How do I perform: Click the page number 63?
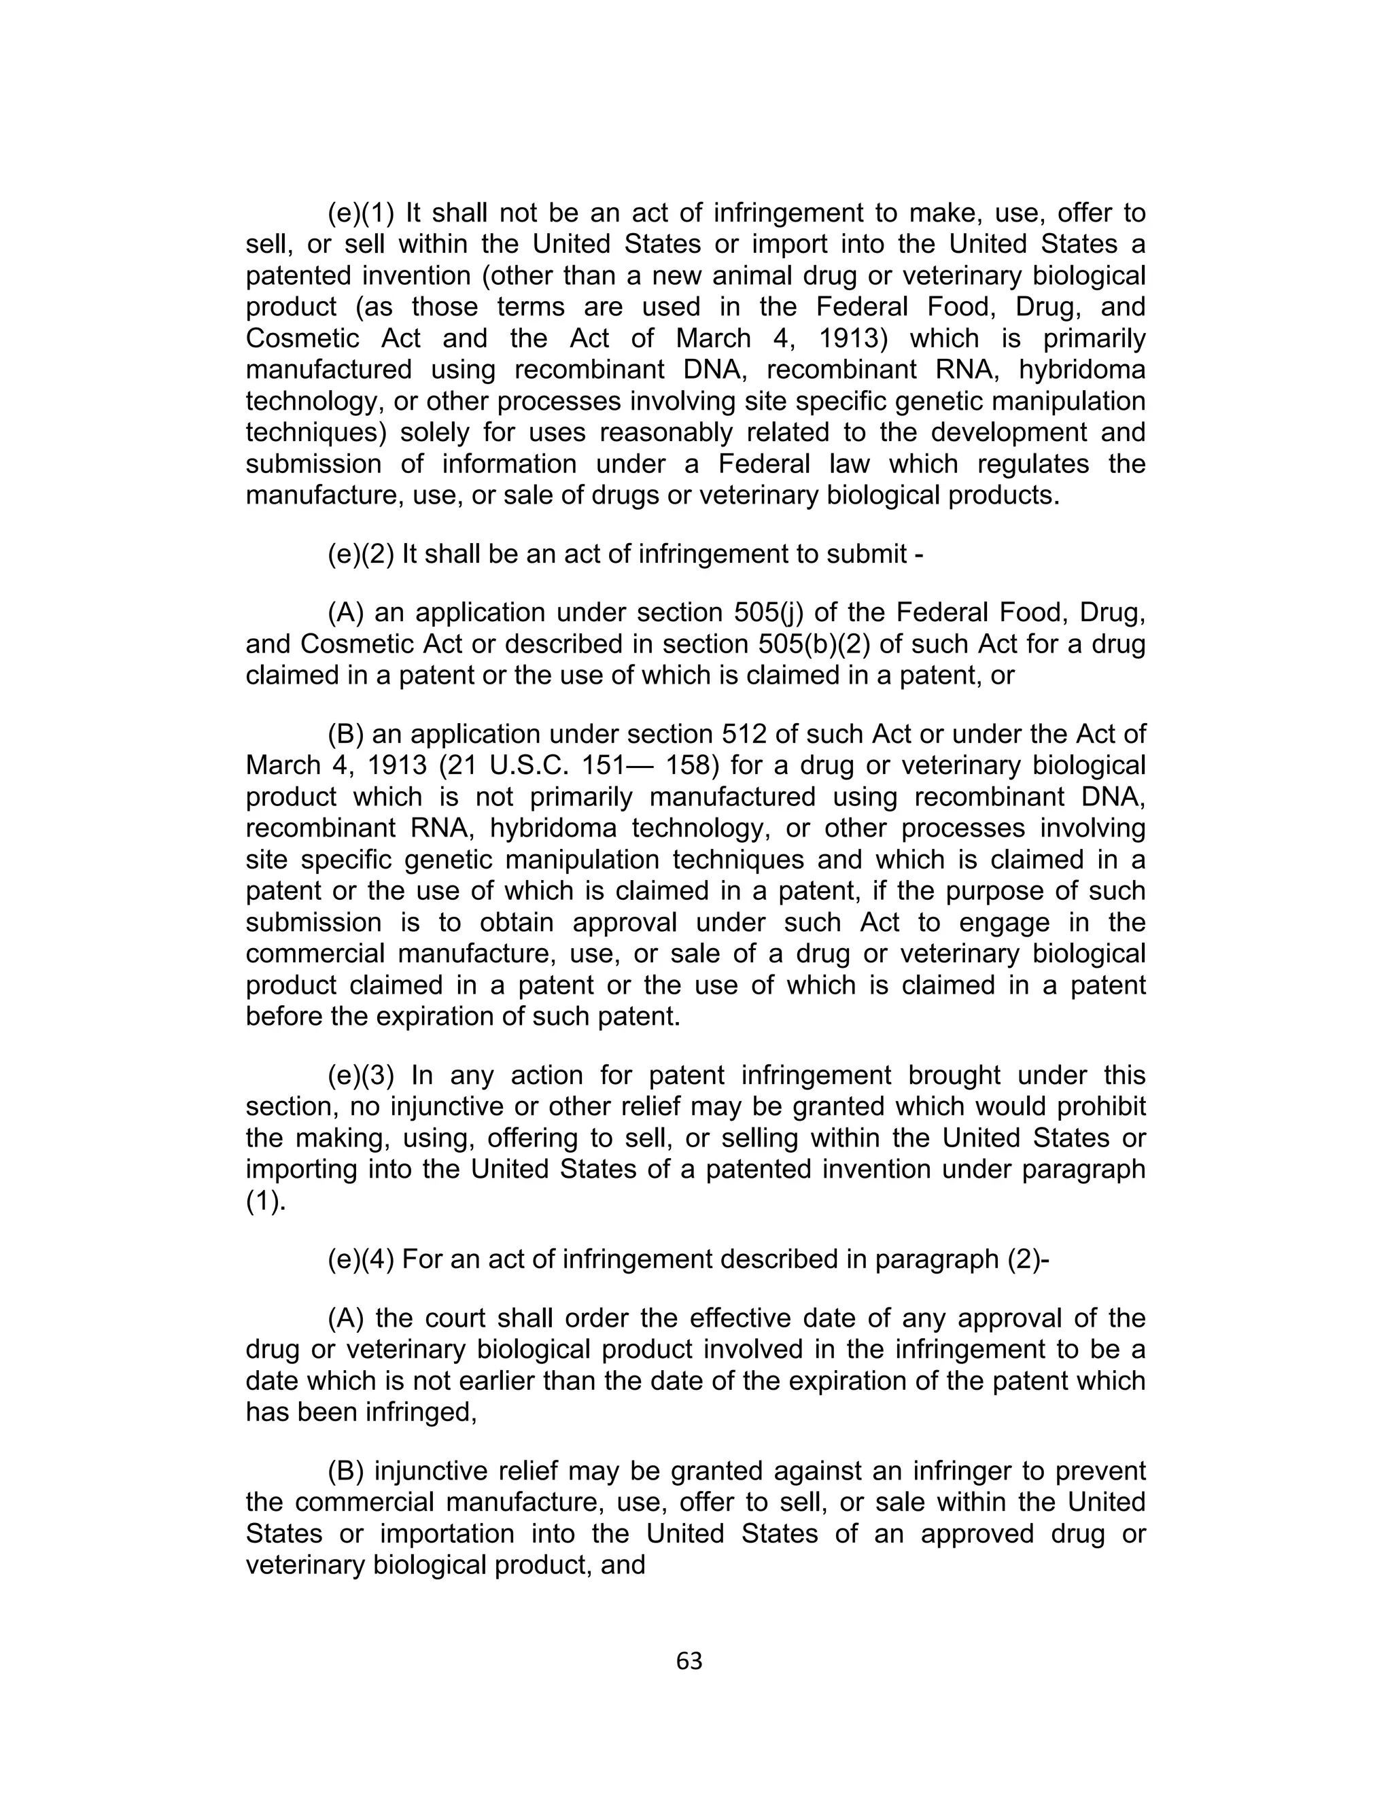click(x=689, y=1661)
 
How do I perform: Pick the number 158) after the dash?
click(x=693, y=765)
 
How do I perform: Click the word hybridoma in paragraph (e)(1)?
click(x=1082, y=370)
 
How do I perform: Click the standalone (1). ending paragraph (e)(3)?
click(x=266, y=1202)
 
